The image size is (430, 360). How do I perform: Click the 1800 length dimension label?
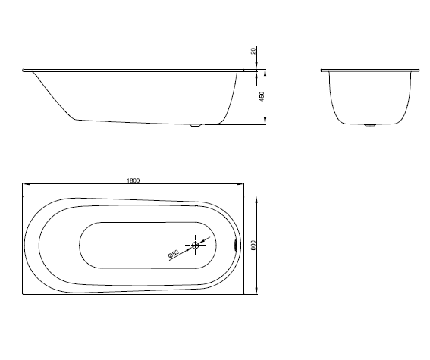tap(133, 180)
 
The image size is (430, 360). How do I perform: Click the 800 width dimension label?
tap(253, 246)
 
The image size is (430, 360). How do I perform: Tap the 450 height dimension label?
tap(262, 97)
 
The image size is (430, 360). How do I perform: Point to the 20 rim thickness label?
tap(253, 51)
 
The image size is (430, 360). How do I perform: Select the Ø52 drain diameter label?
tap(174, 254)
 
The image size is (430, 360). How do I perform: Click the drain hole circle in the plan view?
tap(195, 245)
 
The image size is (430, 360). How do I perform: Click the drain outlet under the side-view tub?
tap(196, 125)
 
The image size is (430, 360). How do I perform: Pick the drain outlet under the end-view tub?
tap(369, 125)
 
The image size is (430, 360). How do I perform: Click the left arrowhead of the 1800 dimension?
tap(26, 184)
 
